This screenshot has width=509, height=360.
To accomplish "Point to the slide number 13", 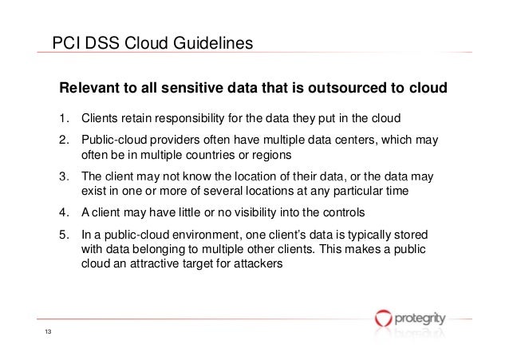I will [x=48, y=334].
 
